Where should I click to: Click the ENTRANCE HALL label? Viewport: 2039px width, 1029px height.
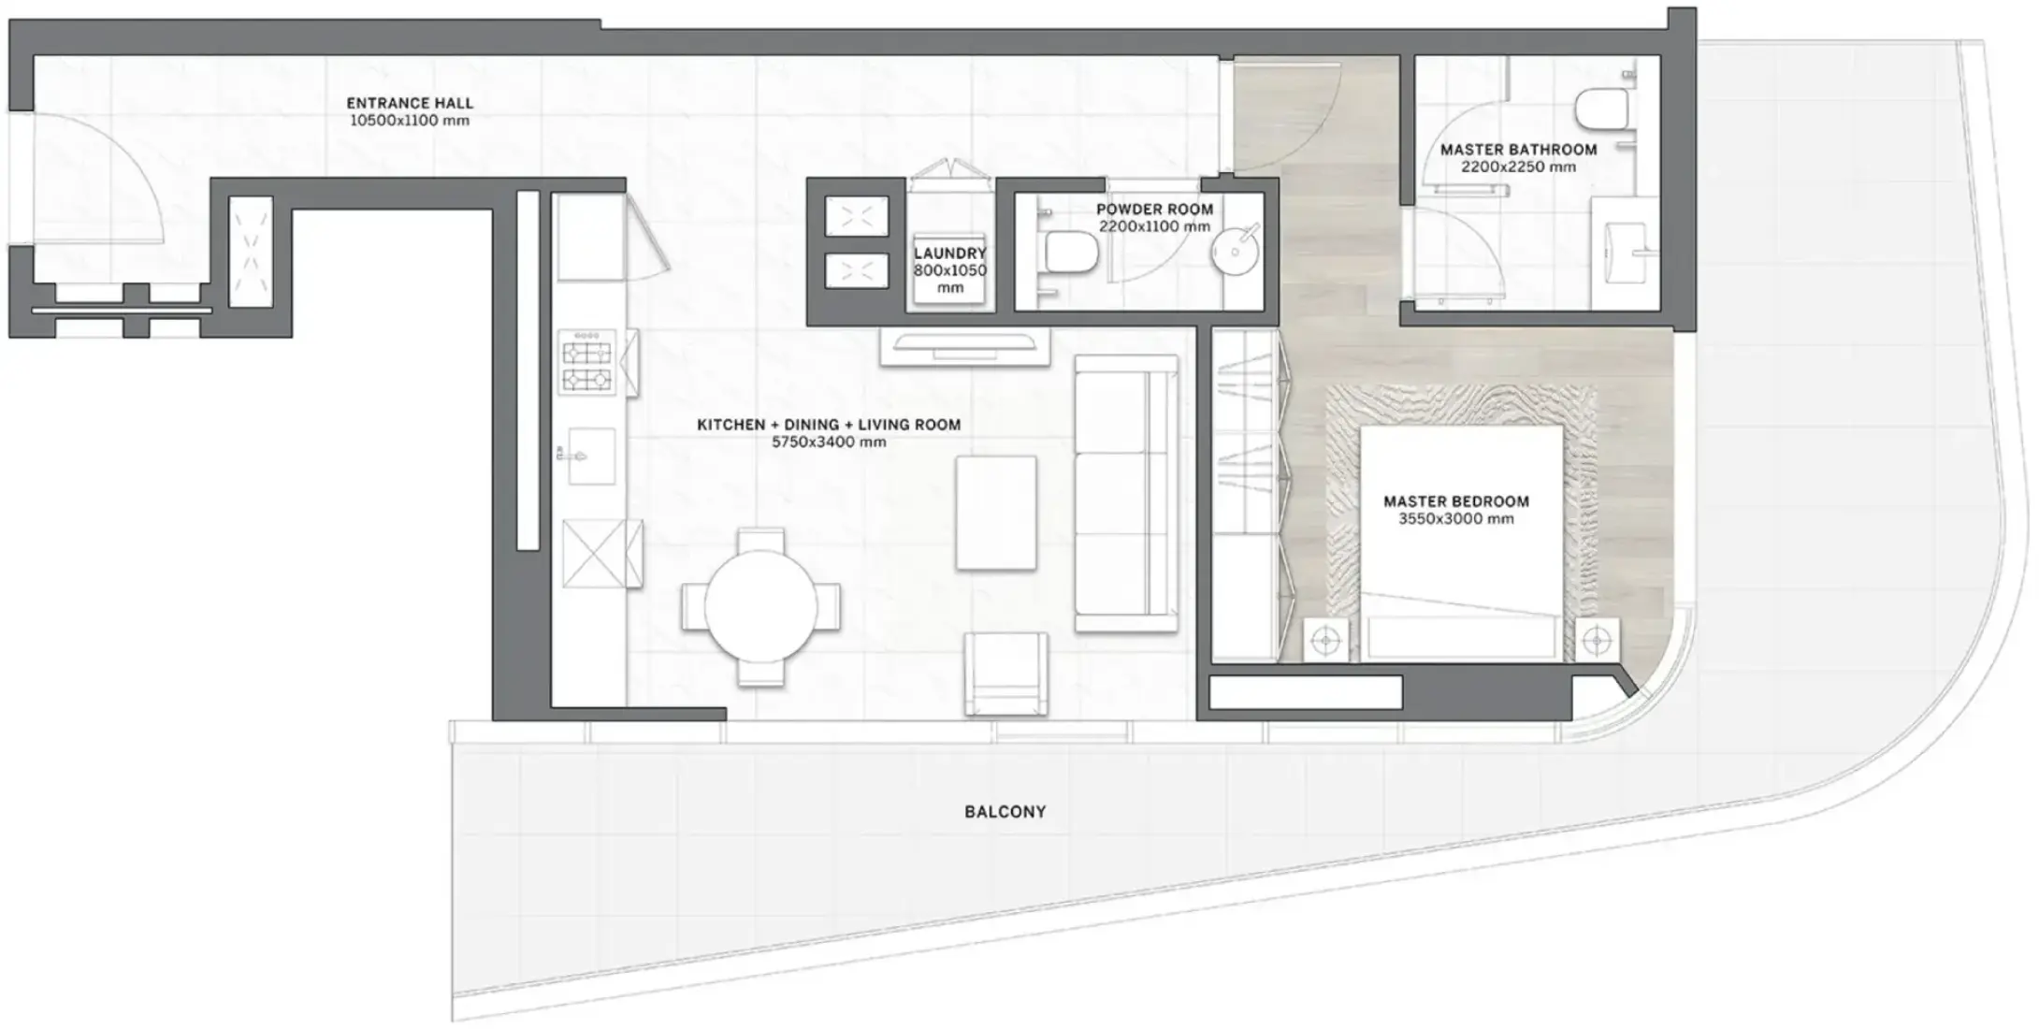(x=410, y=103)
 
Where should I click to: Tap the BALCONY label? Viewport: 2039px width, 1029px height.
(x=1005, y=812)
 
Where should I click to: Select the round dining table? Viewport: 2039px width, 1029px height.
(x=760, y=605)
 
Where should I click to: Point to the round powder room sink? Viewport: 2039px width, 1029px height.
(x=1236, y=251)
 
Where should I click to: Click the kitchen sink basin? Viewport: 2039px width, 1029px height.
(x=592, y=457)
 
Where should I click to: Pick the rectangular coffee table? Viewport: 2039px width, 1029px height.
(x=995, y=513)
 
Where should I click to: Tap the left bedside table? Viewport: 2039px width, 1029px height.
(x=1326, y=641)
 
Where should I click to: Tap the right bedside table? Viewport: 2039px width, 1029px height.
(x=1597, y=641)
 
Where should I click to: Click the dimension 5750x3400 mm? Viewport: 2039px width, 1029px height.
(x=829, y=442)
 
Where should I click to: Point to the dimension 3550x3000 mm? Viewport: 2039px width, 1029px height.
(x=1456, y=519)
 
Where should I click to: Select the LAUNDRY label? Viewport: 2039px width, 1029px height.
(x=949, y=254)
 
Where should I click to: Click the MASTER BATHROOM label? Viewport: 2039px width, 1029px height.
(x=1519, y=150)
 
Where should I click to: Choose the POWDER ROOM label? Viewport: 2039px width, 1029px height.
(x=1154, y=210)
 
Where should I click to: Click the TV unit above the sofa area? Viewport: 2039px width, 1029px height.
(x=964, y=346)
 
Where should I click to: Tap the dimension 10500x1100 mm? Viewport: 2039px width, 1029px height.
(x=410, y=121)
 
